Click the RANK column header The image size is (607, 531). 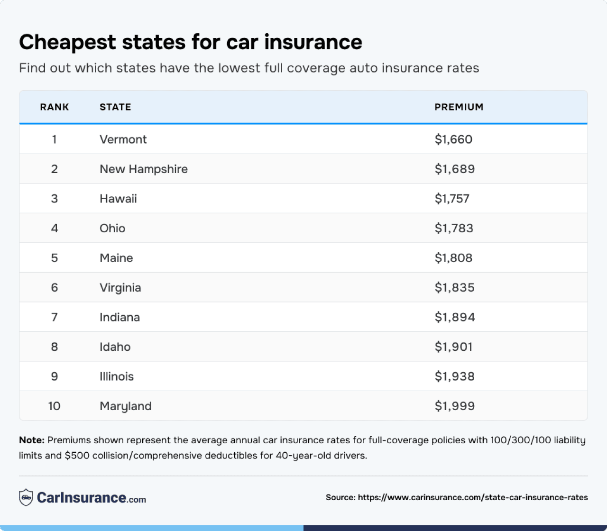pyautogui.click(x=55, y=107)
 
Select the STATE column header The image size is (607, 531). pyautogui.click(x=115, y=107)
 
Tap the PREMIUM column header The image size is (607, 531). pyautogui.click(x=459, y=107)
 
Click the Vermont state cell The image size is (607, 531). pyautogui.click(x=123, y=139)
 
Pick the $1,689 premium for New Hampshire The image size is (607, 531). pyautogui.click(x=454, y=169)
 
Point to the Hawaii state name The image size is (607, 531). pyautogui.click(x=118, y=199)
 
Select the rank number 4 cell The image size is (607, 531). pyautogui.click(x=55, y=229)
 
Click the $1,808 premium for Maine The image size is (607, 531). pyautogui.click(x=453, y=258)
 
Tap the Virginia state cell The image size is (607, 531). pyautogui.click(x=120, y=288)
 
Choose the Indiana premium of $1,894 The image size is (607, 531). pyautogui.click(x=454, y=317)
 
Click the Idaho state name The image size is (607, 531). pyautogui.click(x=115, y=347)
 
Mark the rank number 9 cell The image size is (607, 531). pyautogui.click(x=55, y=376)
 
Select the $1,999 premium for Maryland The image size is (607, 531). pyautogui.click(x=454, y=406)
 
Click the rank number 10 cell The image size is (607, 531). pyautogui.click(x=55, y=406)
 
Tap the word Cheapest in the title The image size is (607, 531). pyautogui.click(x=67, y=42)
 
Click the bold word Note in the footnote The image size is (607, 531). pyautogui.click(x=31, y=440)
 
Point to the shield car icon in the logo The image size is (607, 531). pyautogui.click(x=26, y=497)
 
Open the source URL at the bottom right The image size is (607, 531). pyautogui.click(x=473, y=497)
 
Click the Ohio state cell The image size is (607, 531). pyautogui.click(x=112, y=229)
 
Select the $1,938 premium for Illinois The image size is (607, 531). pyautogui.click(x=454, y=376)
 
